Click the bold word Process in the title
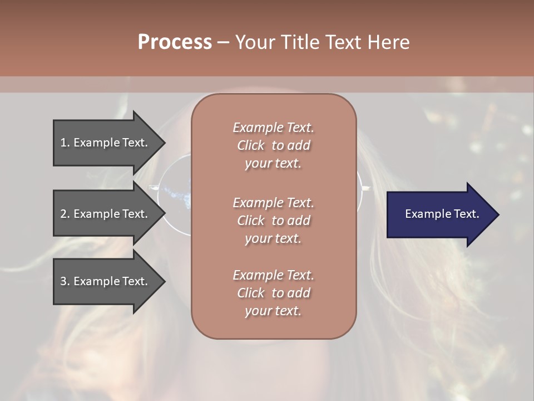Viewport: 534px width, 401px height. (175, 42)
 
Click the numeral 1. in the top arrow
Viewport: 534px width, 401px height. (65, 143)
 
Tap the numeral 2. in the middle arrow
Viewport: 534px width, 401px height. (65, 214)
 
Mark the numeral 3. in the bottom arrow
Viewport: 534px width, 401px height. (65, 281)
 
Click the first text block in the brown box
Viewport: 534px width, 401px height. (274, 145)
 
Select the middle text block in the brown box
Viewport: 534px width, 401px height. (274, 220)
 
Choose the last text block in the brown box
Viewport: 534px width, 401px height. (274, 293)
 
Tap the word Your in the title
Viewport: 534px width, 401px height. (254, 42)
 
